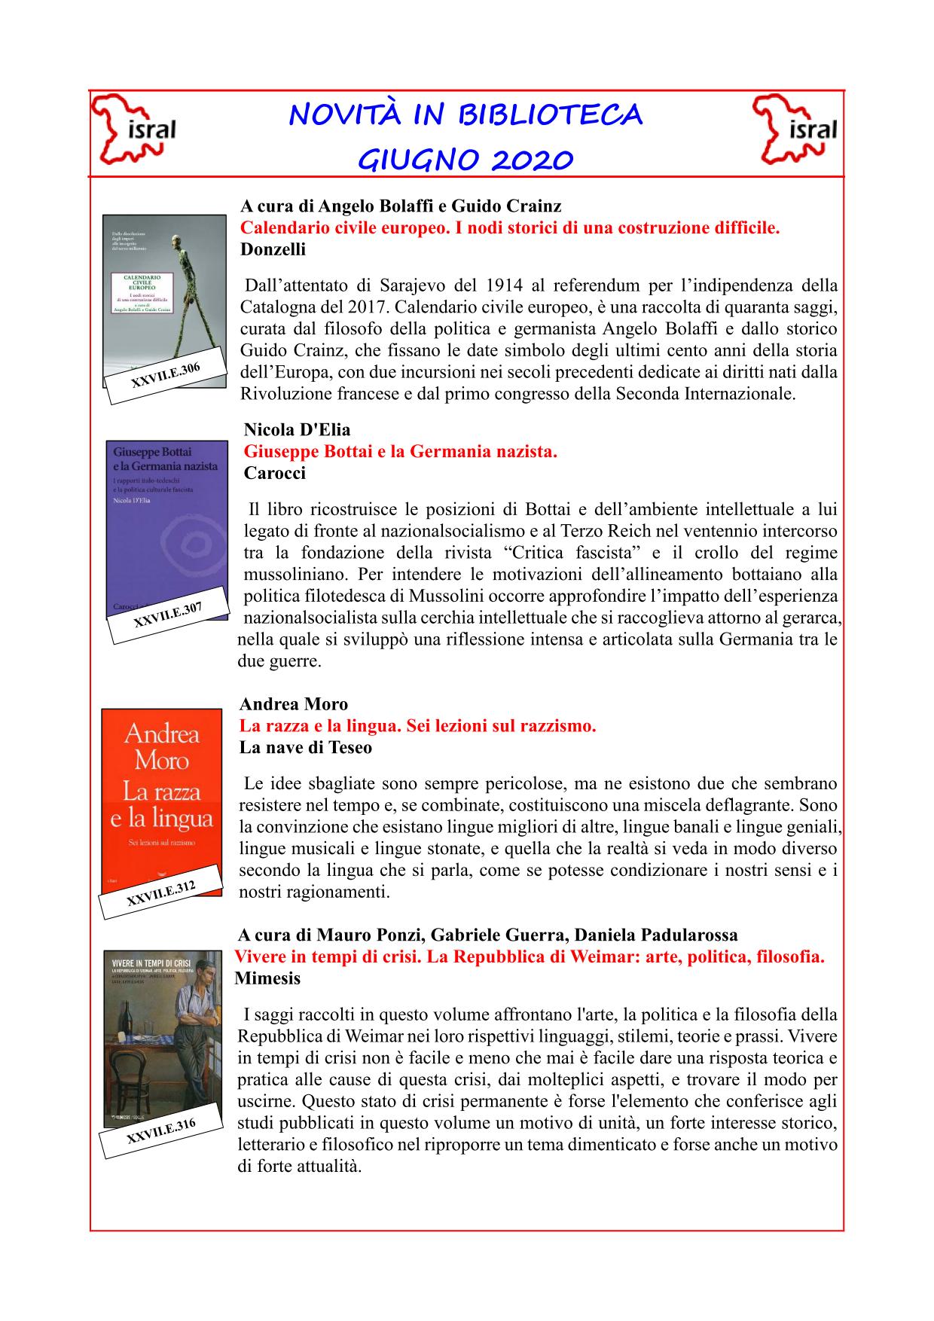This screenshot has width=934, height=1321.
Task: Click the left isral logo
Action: pos(133,130)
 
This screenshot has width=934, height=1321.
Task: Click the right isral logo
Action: pos(796,130)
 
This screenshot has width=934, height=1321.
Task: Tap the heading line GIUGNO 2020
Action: pos(465,160)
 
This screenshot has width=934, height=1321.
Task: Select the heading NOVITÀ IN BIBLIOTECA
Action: pos(465,115)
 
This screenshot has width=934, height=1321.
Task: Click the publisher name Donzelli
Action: pos(273,249)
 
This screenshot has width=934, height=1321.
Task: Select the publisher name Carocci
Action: pos(274,473)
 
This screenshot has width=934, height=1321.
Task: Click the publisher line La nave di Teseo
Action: pos(305,747)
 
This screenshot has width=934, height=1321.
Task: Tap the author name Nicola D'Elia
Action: pos(297,430)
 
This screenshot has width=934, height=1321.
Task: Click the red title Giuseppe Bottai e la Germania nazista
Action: pos(400,452)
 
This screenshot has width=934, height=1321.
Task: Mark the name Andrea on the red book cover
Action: pos(161,733)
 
